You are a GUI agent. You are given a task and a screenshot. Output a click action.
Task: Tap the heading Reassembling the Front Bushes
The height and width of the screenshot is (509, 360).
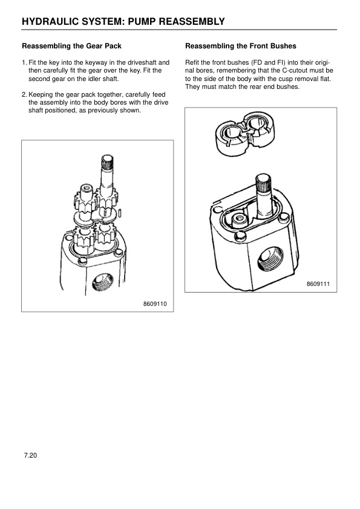click(x=240, y=46)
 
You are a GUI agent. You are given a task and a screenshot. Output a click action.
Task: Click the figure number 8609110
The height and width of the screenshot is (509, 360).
click(x=155, y=303)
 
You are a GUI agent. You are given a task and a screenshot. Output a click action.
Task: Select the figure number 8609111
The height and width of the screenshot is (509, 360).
click(x=318, y=284)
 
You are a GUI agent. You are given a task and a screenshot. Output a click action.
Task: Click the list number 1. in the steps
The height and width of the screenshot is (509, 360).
click(x=24, y=62)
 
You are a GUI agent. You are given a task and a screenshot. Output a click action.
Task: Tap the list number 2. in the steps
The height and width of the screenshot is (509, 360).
click(x=24, y=95)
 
